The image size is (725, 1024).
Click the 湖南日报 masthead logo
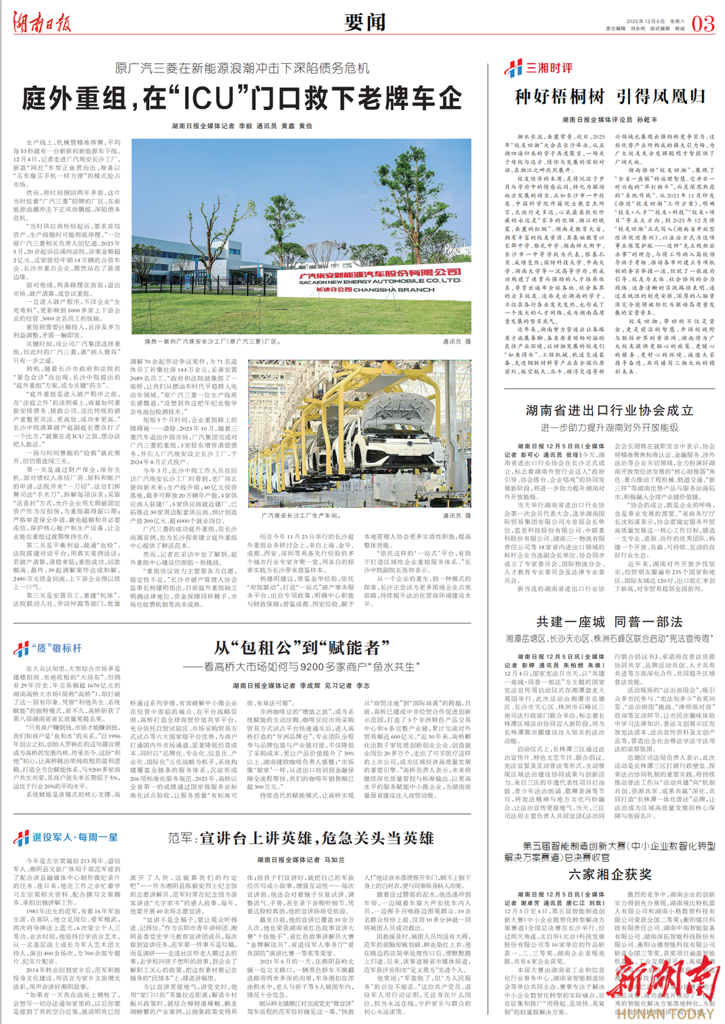(x=42, y=23)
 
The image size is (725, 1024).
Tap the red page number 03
(x=702, y=24)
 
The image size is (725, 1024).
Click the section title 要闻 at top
(x=365, y=22)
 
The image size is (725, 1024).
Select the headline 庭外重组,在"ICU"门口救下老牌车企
(x=242, y=99)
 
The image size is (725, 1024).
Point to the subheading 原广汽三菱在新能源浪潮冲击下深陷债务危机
(x=242, y=68)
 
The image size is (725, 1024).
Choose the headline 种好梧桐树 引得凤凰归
(x=610, y=97)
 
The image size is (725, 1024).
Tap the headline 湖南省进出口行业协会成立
(x=609, y=410)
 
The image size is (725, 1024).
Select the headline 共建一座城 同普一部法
(x=609, y=621)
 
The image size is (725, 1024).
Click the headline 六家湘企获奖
(x=609, y=874)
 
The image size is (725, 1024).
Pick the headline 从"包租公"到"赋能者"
(x=301, y=648)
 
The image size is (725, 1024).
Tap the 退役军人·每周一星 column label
(x=66, y=837)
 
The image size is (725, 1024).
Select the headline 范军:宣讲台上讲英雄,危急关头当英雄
(x=301, y=838)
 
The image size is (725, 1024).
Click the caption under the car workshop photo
(x=300, y=515)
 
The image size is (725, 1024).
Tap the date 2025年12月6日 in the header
(x=645, y=21)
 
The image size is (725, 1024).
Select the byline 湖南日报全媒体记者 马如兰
(x=301, y=860)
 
